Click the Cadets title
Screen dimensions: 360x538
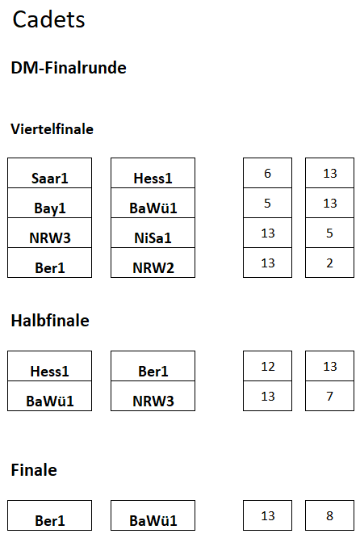(x=48, y=19)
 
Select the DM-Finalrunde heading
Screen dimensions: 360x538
(x=69, y=68)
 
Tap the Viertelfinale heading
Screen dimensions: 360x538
(x=52, y=129)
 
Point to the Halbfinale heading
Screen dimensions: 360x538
(x=50, y=321)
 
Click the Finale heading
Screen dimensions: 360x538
(x=34, y=469)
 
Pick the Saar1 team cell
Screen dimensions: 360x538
(x=50, y=173)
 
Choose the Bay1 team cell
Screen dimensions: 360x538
(x=50, y=203)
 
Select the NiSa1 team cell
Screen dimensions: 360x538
(x=153, y=233)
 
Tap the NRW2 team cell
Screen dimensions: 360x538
(x=153, y=263)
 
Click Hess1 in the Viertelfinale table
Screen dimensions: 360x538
(x=153, y=173)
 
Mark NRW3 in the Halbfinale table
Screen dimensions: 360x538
(x=153, y=396)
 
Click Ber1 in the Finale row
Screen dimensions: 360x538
(x=50, y=515)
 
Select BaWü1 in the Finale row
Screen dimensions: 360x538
(x=153, y=515)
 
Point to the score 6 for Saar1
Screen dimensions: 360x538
(x=267, y=173)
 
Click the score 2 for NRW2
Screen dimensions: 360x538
(x=329, y=263)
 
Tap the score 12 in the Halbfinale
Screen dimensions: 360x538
(x=267, y=366)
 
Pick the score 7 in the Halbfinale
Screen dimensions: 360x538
(x=329, y=396)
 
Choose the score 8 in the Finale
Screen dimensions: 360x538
(x=329, y=515)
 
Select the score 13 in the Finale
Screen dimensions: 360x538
(x=267, y=515)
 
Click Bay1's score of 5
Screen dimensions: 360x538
(x=267, y=203)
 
